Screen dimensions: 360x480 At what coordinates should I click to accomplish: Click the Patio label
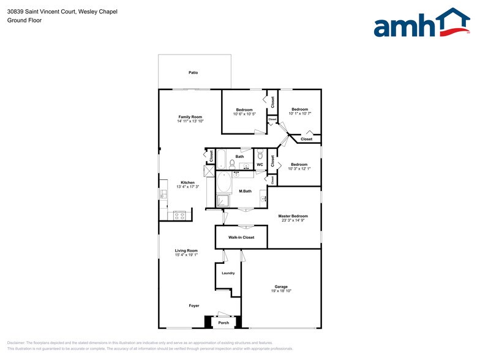click(x=193, y=73)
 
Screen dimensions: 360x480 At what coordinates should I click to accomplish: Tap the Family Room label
click(x=190, y=117)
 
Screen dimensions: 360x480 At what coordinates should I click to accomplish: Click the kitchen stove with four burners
click(x=180, y=215)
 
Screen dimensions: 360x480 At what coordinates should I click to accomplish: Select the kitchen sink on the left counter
click(x=163, y=194)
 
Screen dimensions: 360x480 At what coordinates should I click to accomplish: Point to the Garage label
click(x=281, y=287)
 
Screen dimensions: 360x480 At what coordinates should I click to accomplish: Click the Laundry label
click(x=228, y=273)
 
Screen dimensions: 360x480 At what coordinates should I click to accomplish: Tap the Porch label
click(x=223, y=323)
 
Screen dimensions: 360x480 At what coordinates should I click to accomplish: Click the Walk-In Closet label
click(x=241, y=237)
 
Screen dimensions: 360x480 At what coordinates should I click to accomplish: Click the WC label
click(x=260, y=165)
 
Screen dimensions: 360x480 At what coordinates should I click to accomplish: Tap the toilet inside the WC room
click(x=260, y=153)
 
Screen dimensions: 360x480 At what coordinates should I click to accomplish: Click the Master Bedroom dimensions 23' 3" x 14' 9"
click(x=293, y=220)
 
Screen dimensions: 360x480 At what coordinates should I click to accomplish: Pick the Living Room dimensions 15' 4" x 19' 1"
click(x=186, y=255)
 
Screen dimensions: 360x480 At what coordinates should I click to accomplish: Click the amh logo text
click(x=404, y=27)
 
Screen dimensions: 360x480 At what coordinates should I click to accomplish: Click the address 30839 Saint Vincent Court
click(x=43, y=12)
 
